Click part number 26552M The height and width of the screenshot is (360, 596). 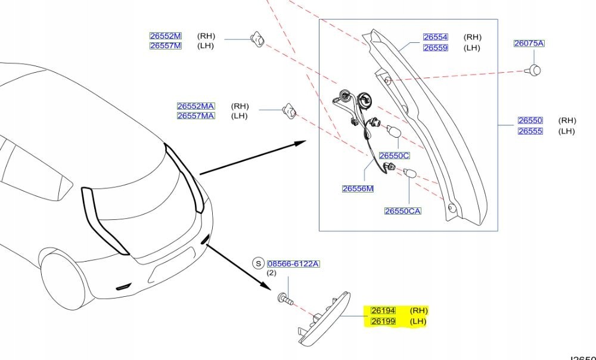(x=165, y=36)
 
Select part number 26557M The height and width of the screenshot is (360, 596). (x=165, y=46)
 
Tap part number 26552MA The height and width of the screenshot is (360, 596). (x=195, y=106)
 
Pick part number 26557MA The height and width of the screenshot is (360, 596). (x=195, y=116)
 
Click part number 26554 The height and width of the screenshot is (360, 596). (x=435, y=37)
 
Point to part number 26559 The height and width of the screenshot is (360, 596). (x=435, y=48)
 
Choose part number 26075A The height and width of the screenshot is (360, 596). (x=529, y=44)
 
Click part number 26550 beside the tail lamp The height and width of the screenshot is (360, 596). (x=530, y=120)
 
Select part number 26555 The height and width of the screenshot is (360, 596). (x=530, y=131)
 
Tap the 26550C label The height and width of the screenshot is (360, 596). (x=395, y=156)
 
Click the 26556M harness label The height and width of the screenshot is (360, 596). (x=358, y=189)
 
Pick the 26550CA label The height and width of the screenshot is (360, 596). (x=402, y=211)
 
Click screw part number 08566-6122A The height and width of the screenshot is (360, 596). (x=293, y=263)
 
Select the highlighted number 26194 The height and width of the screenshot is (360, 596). (x=383, y=311)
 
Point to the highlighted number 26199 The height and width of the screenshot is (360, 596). (x=383, y=321)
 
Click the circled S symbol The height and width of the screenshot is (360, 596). (x=258, y=263)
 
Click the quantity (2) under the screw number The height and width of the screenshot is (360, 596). (x=271, y=273)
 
